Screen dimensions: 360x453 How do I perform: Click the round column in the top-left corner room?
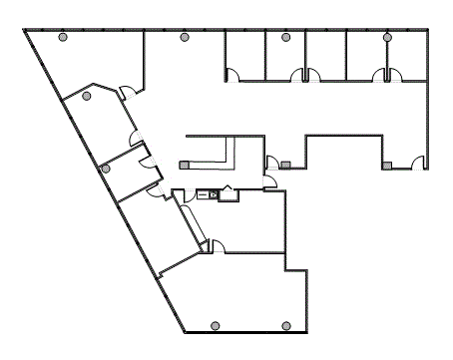coord(64,38)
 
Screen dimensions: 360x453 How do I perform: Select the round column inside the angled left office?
coord(87,96)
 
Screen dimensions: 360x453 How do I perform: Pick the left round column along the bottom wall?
coord(217,326)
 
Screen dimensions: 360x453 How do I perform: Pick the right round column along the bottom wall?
coord(286,326)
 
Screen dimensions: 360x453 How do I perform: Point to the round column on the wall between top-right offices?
coord(387,38)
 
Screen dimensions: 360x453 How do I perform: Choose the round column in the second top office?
coord(285,38)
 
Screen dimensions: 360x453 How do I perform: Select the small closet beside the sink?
coord(228,194)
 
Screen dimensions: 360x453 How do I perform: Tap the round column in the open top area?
coord(184,38)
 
